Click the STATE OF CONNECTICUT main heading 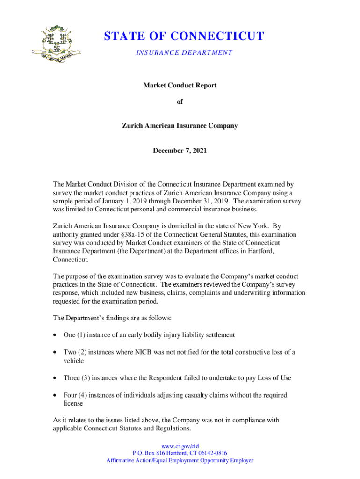(184, 36)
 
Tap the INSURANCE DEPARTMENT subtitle (184, 52)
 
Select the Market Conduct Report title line (180, 85)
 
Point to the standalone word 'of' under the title (180, 106)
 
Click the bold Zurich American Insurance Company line (180, 126)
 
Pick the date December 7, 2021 (180, 151)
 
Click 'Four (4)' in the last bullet (75, 395)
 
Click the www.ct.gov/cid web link (180, 446)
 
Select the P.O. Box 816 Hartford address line (180, 453)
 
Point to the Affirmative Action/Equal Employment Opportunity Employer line (180, 460)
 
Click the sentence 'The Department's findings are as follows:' (112, 318)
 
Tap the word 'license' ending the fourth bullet (73, 403)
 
